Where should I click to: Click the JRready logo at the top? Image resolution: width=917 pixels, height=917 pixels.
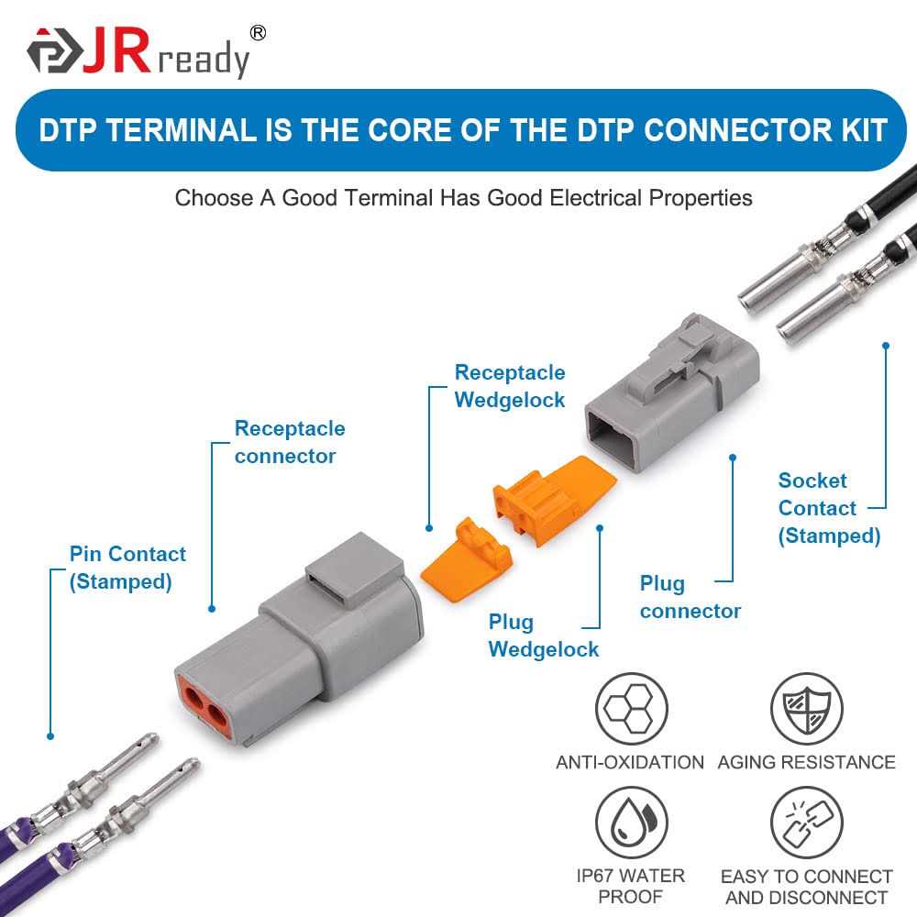(138, 53)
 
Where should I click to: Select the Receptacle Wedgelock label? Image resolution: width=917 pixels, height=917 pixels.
(510, 386)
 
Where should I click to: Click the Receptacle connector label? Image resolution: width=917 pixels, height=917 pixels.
(290, 442)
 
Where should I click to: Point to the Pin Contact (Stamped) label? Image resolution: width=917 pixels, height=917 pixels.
(127, 568)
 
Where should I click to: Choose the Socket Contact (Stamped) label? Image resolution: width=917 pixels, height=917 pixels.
(829, 508)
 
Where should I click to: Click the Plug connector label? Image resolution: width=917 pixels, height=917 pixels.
(690, 597)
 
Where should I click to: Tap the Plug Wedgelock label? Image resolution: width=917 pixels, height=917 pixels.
(543, 635)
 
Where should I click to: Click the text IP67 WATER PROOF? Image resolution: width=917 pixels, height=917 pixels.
(630, 887)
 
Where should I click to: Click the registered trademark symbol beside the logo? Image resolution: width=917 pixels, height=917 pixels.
(258, 33)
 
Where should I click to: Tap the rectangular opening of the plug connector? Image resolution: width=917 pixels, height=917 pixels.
(619, 431)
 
